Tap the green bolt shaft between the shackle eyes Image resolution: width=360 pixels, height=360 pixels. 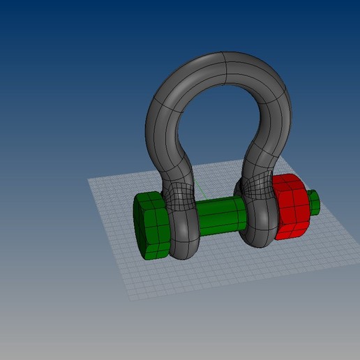click(222, 216)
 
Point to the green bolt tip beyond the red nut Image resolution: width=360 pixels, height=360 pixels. click(313, 202)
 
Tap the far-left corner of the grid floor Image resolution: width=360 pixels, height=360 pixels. click(89, 179)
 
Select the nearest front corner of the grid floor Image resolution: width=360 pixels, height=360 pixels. click(130, 299)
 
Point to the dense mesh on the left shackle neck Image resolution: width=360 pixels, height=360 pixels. click(179, 192)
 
